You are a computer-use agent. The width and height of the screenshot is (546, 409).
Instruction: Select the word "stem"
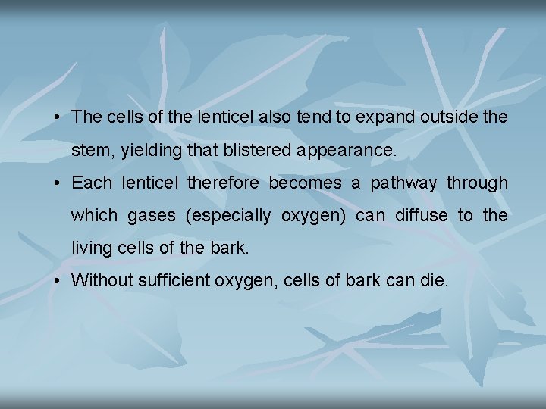[x=89, y=151]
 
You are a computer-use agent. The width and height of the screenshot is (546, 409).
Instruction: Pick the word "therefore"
[x=224, y=183]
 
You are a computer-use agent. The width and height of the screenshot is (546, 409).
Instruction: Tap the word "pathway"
[x=403, y=183]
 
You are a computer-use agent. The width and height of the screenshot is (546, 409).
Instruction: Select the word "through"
[x=477, y=183]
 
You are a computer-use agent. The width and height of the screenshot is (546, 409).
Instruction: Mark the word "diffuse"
[x=420, y=215]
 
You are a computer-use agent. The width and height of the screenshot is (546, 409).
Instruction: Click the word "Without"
[x=99, y=280]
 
